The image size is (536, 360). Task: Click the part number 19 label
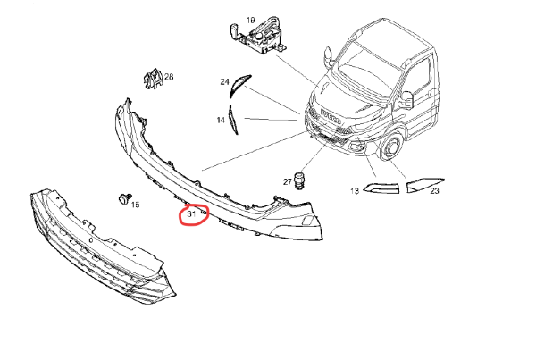tap(250, 21)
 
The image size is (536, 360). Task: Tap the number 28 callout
tap(169, 77)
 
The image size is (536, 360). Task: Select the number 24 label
tap(224, 81)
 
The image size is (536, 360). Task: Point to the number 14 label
tap(221, 120)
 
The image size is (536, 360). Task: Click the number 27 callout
tap(287, 182)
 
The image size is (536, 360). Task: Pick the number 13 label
tap(355, 191)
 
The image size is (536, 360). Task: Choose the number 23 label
tap(434, 191)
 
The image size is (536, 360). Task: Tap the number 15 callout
tap(136, 205)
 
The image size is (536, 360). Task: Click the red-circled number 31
tap(191, 214)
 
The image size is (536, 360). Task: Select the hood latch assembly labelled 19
tap(259, 35)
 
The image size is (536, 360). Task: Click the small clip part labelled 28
tap(153, 79)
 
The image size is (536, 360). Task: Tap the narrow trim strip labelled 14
tap(233, 120)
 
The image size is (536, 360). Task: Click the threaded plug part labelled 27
tap(299, 180)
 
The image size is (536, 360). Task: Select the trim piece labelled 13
tap(381, 188)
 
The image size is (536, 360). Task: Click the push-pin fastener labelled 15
tap(124, 198)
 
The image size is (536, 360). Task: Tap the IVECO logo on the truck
tap(331, 117)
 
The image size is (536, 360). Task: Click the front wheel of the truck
tap(390, 147)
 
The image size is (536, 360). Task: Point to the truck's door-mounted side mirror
tap(406, 99)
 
